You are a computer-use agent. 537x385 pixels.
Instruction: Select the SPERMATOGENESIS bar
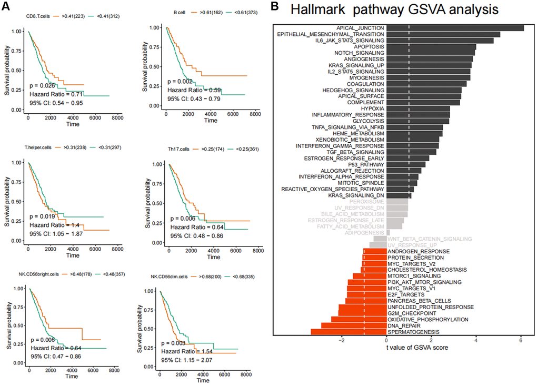point(347,332)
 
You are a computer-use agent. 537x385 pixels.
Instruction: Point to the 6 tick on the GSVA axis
point(521,340)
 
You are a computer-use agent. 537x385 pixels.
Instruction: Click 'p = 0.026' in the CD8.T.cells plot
point(42,85)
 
